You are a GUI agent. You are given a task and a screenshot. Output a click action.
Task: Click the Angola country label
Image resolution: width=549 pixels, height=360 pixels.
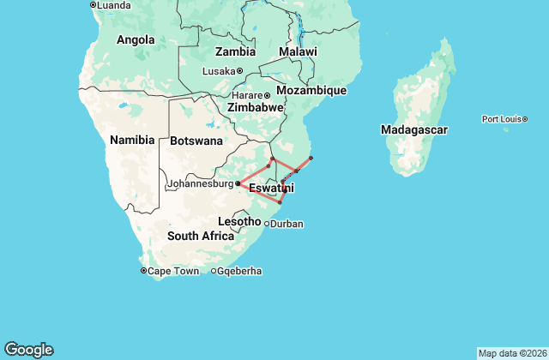135,39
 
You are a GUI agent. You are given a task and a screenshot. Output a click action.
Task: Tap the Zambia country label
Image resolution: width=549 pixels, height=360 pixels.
235,51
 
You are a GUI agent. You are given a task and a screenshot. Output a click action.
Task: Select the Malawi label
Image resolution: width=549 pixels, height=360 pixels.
298,52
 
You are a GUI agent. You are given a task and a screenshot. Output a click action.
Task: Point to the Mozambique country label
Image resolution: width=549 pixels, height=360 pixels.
317,90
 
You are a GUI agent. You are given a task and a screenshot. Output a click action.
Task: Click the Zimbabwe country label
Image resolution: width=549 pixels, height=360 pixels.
255,108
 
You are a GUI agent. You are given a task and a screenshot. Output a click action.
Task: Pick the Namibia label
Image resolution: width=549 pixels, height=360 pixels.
132,140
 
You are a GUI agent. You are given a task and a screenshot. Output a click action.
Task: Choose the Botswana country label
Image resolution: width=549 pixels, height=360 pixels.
196,141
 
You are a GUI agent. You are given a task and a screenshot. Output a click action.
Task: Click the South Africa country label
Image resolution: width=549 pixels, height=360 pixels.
201,236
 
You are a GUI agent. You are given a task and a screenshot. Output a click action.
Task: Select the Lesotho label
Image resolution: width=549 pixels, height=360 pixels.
239,221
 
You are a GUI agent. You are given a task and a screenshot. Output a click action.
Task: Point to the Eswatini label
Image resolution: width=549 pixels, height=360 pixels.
271,188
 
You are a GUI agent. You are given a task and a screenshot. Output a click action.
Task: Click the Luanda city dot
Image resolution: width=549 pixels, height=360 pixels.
93,5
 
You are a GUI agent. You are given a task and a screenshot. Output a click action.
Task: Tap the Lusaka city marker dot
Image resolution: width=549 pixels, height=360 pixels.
240,71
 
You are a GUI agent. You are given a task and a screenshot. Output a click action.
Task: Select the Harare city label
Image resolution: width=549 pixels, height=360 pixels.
246,95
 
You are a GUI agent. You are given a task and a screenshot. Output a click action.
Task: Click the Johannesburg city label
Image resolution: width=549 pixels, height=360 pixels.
200,183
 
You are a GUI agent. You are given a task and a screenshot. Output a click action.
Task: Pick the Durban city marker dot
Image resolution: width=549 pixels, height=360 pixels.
267,225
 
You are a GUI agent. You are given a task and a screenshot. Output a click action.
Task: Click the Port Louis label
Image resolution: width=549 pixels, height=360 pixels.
502,119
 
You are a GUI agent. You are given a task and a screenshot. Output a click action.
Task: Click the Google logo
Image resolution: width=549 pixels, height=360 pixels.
29,350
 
